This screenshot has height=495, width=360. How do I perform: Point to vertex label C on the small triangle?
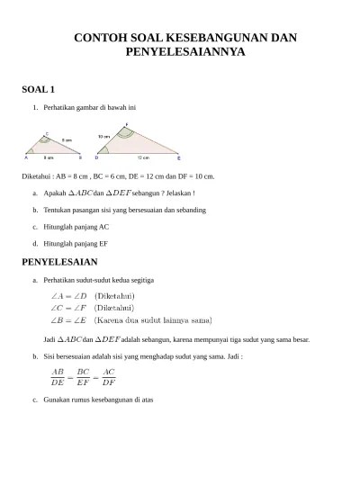coord(46,133)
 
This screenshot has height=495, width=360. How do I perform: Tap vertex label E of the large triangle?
coord(178,157)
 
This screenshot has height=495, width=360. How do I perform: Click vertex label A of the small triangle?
coord(26,157)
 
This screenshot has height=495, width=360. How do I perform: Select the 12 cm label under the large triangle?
coord(143,157)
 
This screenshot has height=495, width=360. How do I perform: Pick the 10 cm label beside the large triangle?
coord(103,136)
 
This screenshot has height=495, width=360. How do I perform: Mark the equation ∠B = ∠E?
coord(68,319)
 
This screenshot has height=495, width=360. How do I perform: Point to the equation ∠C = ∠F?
coord(68,307)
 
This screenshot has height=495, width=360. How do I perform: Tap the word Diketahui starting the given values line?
coord(38,176)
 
